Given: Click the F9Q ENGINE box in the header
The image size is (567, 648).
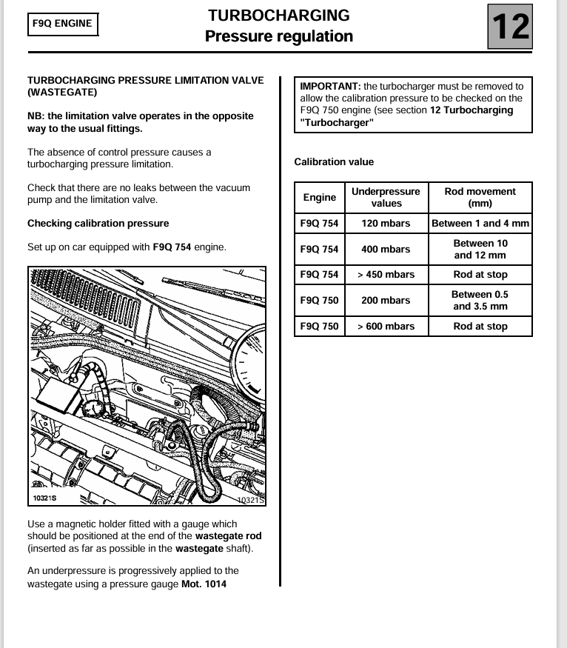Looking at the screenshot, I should (63, 24).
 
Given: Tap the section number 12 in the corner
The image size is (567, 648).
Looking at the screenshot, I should (511, 27).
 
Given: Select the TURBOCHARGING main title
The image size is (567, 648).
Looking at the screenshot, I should (278, 16).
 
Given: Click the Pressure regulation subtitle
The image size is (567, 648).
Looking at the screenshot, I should (278, 36).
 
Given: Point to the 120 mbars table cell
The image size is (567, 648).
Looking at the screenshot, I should (386, 223).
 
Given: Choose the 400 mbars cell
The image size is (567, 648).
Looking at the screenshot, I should (386, 249).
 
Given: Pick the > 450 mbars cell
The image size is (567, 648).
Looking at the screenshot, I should (386, 275).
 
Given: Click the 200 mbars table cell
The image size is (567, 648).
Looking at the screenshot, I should (386, 300).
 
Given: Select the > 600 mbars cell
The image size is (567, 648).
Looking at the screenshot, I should (386, 327).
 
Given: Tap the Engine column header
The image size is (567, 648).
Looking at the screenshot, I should (320, 197).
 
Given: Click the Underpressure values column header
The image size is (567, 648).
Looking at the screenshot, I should (386, 197).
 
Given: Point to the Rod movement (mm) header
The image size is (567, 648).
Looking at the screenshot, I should (480, 197).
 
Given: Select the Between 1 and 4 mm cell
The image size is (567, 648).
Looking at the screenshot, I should (480, 223).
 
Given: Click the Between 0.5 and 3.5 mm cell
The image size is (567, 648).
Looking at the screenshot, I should (480, 300).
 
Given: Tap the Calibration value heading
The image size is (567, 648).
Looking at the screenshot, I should (334, 161).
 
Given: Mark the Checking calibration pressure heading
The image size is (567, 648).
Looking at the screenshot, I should (98, 223).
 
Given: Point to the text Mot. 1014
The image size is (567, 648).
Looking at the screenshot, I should (204, 584).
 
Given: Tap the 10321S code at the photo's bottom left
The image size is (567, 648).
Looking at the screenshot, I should (45, 498).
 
